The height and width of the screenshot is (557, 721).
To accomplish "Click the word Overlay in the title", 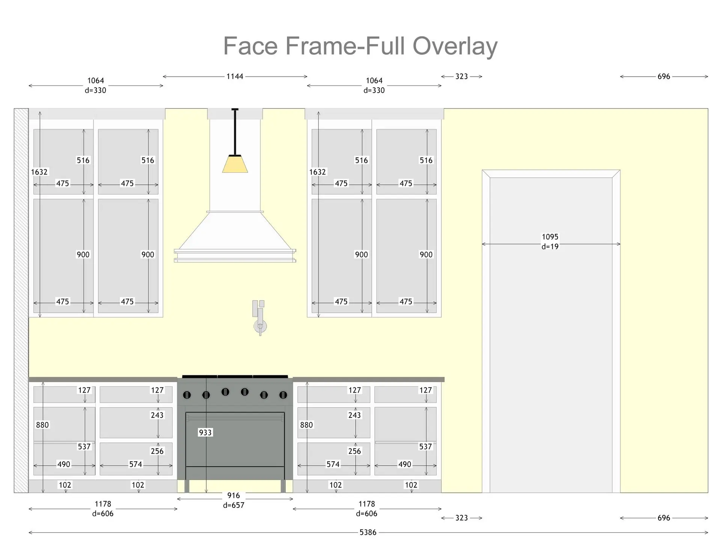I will [x=455, y=46].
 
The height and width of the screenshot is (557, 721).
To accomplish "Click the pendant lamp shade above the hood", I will [x=235, y=164].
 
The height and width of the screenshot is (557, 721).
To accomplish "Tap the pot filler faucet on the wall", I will [x=259, y=318].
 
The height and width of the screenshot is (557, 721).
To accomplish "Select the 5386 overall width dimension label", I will [x=368, y=532].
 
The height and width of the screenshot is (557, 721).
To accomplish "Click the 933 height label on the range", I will [x=205, y=432].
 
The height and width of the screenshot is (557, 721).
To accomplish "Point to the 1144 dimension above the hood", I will [x=235, y=77].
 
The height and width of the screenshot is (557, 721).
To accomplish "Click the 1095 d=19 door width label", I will [x=550, y=242].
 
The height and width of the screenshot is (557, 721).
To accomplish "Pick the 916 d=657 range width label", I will [x=234, y=500].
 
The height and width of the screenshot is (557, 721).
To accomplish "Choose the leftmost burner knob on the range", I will [x=187, y=395].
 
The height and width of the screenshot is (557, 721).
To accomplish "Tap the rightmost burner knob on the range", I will [x=283, y=395].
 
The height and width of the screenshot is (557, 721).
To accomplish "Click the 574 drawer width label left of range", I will [x=136, y=464].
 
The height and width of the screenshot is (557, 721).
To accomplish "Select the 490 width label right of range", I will [x=405, y=464].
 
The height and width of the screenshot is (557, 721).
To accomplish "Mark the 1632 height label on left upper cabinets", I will [x=39, y=172].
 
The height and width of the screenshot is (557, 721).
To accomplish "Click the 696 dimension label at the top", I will [x=664, y=77].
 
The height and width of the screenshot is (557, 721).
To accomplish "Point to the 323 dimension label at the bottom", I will [x=462, y=518].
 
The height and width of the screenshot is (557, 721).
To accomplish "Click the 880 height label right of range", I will [x=306, y=425].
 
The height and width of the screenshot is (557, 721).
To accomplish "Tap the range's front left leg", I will [x=187, y=486].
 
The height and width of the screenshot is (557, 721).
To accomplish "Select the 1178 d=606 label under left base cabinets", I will [x=103, y=509].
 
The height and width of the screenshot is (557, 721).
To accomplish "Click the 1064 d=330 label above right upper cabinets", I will [x=374, y=85].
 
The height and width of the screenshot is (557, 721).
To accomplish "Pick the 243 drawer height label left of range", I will [x=157, y=415].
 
